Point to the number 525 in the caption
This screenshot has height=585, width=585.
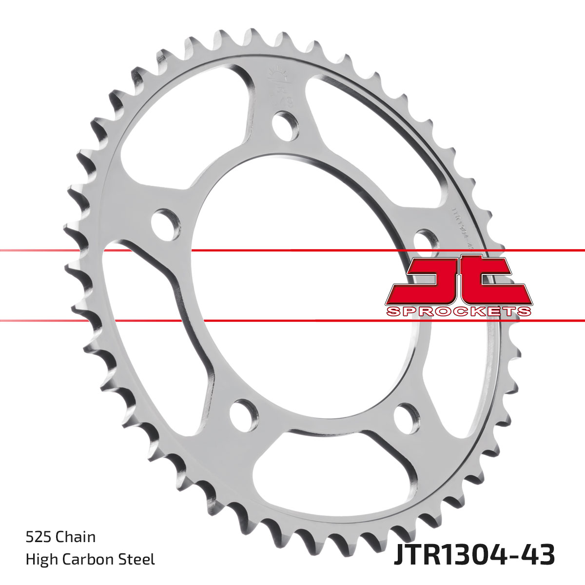39,537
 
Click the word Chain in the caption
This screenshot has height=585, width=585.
76,537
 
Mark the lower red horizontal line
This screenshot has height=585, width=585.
292,321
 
